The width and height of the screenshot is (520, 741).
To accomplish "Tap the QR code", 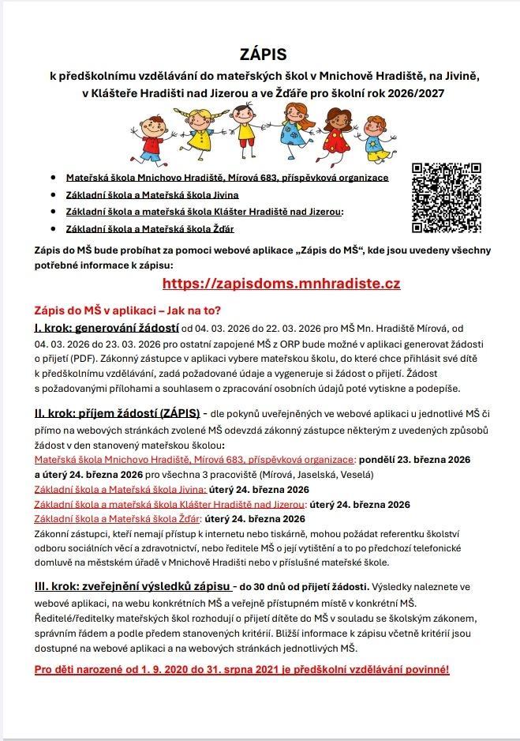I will click(446, 197).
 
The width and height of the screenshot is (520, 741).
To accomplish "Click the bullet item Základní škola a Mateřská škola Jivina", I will click(152, 194).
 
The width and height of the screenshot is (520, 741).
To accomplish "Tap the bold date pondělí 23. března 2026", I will click(415, 460).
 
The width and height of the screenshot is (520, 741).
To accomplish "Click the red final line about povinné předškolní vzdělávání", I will click(241, 670).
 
